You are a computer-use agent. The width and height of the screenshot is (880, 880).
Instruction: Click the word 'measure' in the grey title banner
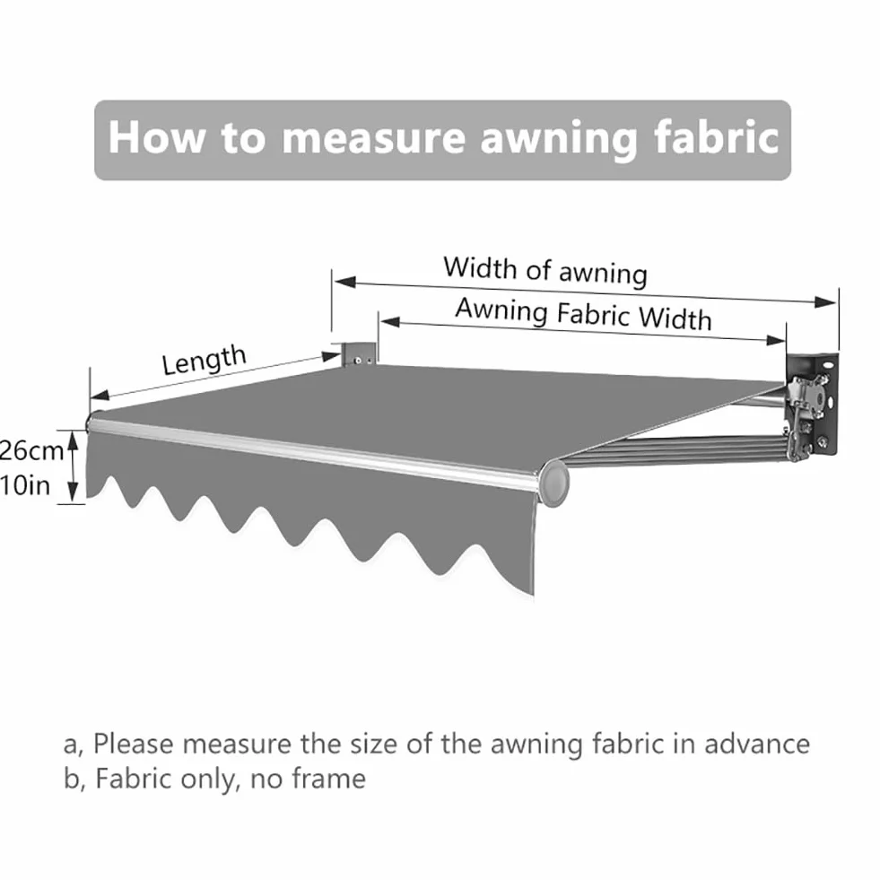[x=373, y=137]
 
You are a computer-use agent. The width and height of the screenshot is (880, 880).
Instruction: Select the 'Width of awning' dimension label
[x=545, y=271]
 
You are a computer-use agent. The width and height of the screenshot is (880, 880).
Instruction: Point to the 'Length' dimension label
[x=205, y=360]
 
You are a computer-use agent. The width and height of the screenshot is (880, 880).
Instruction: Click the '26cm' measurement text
[x=30, y=450]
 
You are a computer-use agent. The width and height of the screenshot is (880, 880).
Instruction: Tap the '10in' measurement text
[x=25, y=485]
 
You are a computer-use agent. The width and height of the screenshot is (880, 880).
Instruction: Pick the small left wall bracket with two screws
[x=358, y=353]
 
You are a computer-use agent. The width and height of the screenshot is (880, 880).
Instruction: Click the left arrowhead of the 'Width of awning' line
[x=344, y=281]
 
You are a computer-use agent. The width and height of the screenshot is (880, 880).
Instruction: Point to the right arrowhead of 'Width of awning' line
[x=825, y=302]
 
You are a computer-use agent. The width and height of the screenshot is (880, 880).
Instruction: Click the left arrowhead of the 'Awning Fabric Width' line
[x=390, y=322]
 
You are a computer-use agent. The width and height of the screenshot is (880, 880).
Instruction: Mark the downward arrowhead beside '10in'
[x=73, y=492]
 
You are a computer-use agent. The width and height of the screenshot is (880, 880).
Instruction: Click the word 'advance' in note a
[x=757, y=744]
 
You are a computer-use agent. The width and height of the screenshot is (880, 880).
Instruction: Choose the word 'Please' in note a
[x=133, y=745]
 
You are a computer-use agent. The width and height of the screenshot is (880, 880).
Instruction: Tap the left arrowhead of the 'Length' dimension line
[x=100, y=396]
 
